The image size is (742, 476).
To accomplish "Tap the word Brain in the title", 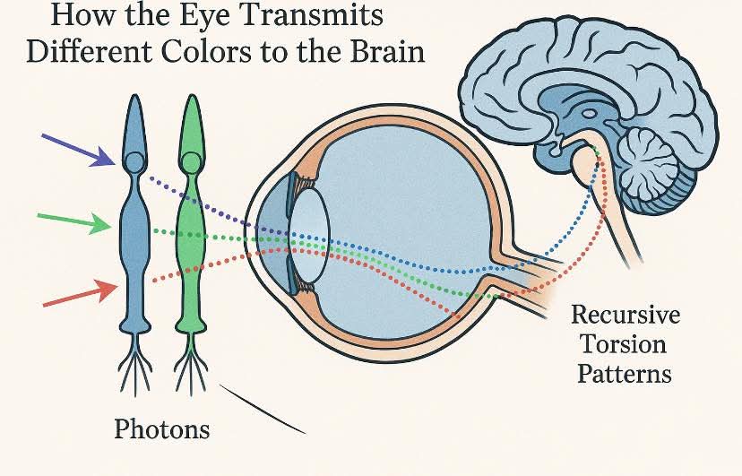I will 381,50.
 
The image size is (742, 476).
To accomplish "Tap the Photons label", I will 161,429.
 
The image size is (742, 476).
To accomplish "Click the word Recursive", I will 626,316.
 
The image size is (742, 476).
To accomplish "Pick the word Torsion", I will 625,344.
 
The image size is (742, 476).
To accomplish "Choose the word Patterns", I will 625,373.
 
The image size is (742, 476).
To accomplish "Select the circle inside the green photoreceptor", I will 190,163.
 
